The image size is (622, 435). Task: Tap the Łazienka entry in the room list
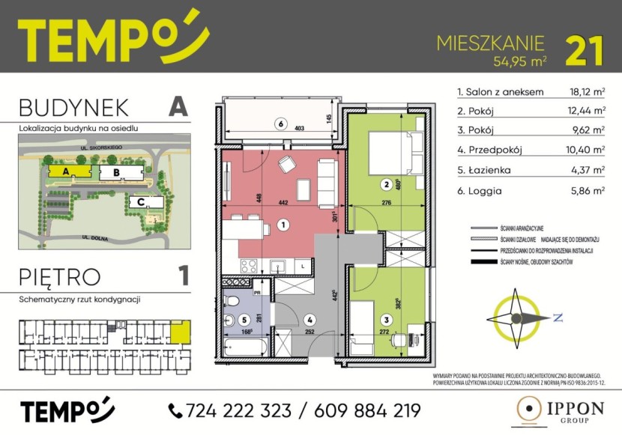coord(487,171)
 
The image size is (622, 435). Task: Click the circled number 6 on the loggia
coord(280,124)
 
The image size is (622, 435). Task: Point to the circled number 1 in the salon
coord(283,223)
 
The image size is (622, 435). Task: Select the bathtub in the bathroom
coord(244,347)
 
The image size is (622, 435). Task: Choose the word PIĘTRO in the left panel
coord(61,276)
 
